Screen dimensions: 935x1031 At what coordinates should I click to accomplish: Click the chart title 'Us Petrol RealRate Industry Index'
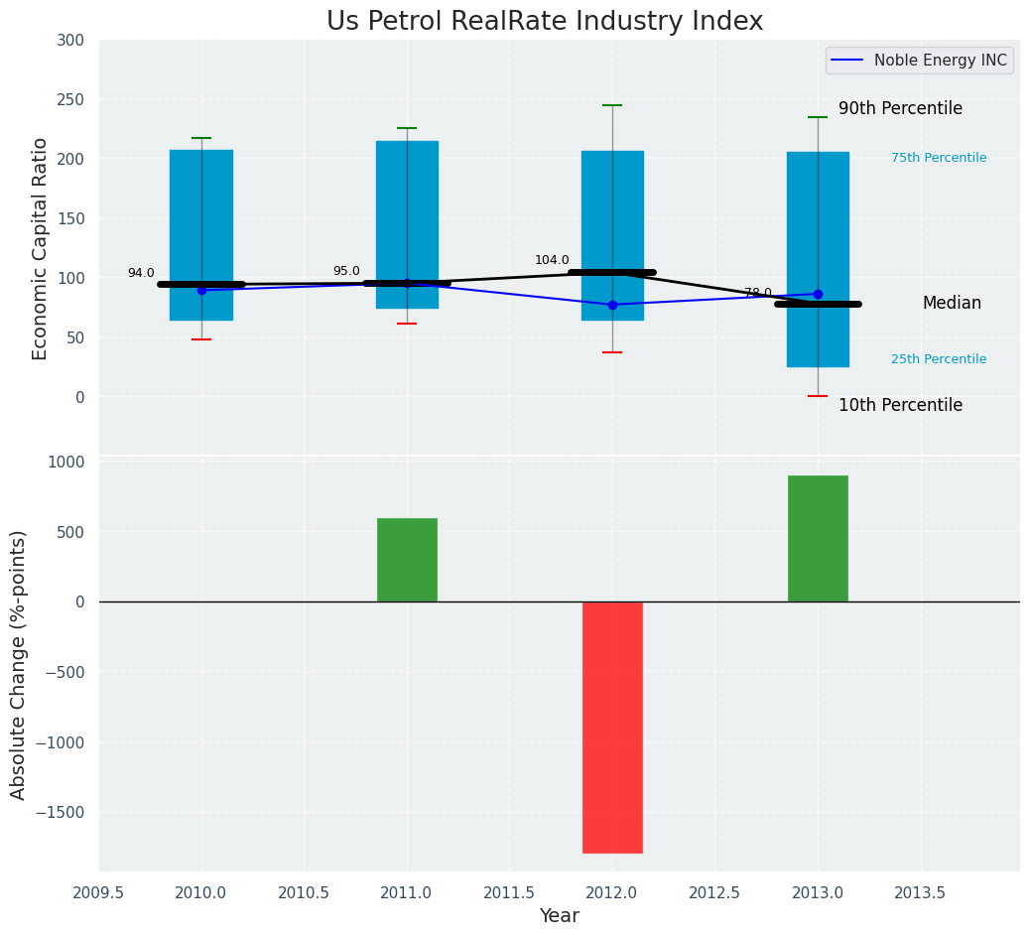pos(545,22)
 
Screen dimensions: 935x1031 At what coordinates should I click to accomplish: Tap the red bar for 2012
pos(612,727)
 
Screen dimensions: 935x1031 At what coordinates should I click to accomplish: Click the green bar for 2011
pos(407,560)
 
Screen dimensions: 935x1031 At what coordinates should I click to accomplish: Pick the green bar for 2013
pos(818,539)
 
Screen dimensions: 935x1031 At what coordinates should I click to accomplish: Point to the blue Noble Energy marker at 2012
pos(612,305)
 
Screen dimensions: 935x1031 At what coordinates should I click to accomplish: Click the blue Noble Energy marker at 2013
pos(818,294)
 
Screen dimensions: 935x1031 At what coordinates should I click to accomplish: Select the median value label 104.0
pos(552,261)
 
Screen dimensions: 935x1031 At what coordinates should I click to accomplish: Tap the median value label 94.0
pos(141,274)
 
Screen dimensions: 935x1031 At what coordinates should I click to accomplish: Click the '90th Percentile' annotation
pos(900,109)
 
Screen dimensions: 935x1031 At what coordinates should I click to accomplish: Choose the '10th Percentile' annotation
pos(900,406)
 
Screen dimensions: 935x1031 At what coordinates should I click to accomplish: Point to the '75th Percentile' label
pos(939,158)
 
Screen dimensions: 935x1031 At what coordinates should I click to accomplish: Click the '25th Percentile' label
pos(939,359)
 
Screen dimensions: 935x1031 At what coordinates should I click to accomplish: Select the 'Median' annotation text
pos(952,304)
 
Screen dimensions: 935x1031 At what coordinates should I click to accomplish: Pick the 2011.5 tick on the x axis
pos(509,893)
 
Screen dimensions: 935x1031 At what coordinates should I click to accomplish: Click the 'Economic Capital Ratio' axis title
pos(41,248)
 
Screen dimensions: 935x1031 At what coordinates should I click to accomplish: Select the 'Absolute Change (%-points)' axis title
pos(19,664)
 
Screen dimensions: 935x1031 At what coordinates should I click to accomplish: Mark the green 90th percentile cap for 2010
pos(201,138)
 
